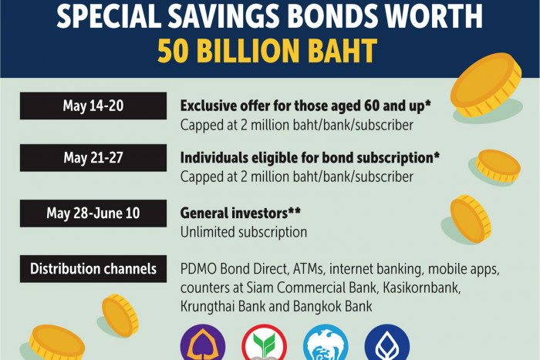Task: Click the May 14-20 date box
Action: pyautogui.click(x=93, y=106)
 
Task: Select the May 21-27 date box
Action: pyautogui.click(x=93, y=159)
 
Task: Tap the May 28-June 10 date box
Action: pyautogui.click(x=93, y=214)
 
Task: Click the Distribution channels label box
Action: pyautogui.click(x=93, y=270)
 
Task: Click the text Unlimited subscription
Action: pyautogui.click(x=244, y=232)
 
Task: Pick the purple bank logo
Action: pyautogui.click(x=203, y=343)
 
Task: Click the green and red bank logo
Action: pyautogui.click(x=263, y=343)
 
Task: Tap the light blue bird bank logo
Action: pyautogui.click(x=326, y=343)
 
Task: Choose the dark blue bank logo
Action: pyautogui.click(x=386, y=343)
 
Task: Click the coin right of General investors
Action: pyautogui.click(x=470, y=217)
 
